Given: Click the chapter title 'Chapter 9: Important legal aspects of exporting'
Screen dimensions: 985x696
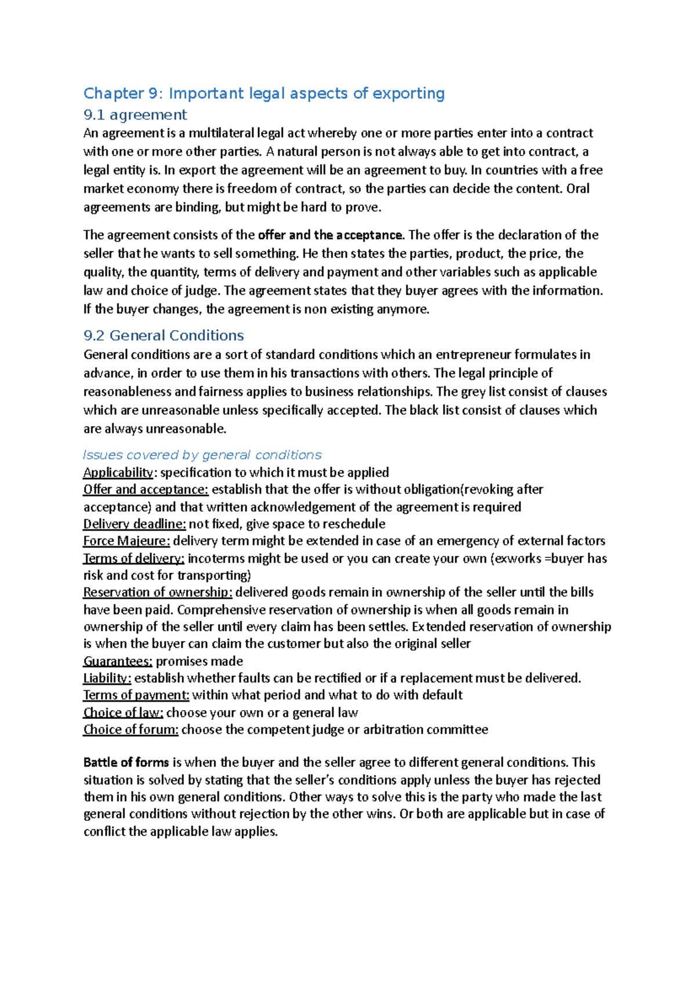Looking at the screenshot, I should point(264,93).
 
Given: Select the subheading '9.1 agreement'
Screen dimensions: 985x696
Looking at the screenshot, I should point(135,115).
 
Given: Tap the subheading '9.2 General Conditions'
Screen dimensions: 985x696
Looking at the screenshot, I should point(164,335).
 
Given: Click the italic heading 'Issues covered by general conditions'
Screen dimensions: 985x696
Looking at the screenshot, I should point(202,455).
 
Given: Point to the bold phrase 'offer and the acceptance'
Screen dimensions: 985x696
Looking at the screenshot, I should point(330,235).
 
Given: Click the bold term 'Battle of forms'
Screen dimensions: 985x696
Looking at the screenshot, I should point(126,762).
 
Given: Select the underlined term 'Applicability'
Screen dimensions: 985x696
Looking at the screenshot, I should point(118,472).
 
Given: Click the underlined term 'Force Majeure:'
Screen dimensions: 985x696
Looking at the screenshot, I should point(126,541).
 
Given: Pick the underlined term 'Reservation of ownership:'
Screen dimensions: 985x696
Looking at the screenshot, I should point(158,592).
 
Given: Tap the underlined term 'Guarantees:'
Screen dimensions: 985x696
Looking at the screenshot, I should point(118,661).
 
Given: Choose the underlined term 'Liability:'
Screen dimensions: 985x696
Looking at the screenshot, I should point(107,678).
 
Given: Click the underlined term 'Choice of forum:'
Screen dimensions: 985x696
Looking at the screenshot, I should point(130,729).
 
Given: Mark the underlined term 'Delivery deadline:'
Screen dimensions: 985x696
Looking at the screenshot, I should point(135,524).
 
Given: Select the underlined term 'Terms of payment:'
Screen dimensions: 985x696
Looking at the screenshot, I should point(136,695).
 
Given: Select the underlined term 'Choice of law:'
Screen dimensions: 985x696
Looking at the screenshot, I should point(123,712).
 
